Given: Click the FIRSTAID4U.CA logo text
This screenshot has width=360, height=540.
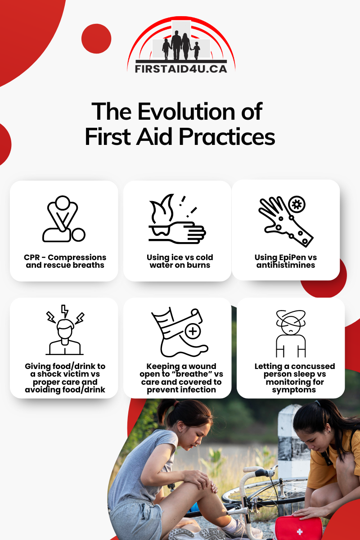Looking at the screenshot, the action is coord(181,68).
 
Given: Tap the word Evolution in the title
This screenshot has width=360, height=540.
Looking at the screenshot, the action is coord(186,112).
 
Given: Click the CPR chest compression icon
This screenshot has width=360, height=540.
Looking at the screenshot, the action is coord(64,219).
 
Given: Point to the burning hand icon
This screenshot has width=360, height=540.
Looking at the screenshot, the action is coord(177,219).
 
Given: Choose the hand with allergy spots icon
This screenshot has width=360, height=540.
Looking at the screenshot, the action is coord(286,221).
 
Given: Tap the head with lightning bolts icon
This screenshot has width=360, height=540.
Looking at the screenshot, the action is coord(65,330).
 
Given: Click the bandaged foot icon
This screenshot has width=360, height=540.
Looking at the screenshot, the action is coord(180,332).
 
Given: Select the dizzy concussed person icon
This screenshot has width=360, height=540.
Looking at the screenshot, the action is coord(291,333).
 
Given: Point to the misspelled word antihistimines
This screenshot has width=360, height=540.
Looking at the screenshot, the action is coord(286,265).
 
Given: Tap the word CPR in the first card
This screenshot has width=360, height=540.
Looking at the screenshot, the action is coord(31,257).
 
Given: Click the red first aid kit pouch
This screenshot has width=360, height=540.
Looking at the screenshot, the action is coord(298,528).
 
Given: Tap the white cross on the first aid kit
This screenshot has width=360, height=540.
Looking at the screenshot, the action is coord(300,532).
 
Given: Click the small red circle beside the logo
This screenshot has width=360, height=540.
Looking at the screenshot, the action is coord(96,39).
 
